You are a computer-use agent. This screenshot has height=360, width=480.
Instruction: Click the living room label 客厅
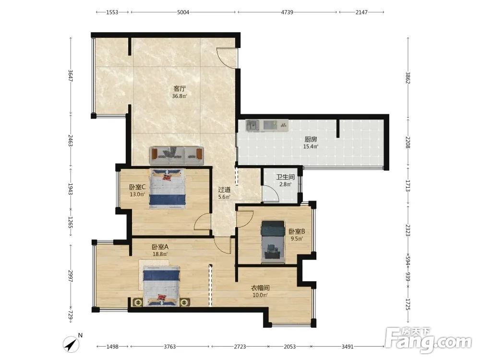coord(180,89)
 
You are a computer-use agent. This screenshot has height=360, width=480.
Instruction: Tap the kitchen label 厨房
coord(311,139)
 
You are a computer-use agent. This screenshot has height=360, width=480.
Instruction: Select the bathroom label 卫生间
coord(285,177)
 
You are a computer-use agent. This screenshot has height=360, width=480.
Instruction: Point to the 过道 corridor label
coord(224,190)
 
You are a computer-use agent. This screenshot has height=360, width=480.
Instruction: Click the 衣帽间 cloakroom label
coord(260,288)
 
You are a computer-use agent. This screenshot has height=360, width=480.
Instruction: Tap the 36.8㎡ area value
coord(180,96)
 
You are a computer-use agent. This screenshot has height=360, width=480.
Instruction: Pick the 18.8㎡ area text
coord(160,254)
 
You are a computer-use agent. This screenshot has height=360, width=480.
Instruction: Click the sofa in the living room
coord(177,156)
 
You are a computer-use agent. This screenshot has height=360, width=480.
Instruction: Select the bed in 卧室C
coord(168,189)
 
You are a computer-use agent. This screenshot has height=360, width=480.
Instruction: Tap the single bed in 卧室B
coord(273,242)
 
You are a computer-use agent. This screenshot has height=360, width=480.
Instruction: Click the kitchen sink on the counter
coord(252,125)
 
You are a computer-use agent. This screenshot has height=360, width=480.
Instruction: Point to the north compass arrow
coord(72,345)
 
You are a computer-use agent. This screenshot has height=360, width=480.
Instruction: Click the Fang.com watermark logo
coord(428,340)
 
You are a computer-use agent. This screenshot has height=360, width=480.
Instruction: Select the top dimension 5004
coord(183,12)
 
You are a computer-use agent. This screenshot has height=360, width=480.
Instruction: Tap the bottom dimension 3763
coord(169,347)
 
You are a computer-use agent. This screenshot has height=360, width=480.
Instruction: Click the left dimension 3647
coord(71,76)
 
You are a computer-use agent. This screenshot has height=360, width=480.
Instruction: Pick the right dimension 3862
coord(408,78)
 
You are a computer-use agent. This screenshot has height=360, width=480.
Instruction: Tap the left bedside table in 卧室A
coord(138,302)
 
